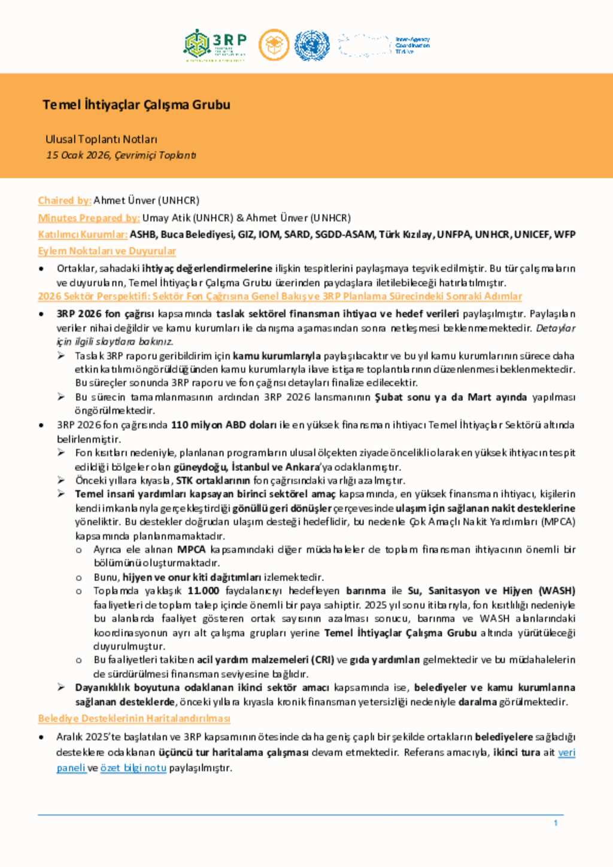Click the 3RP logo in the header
point(215,45)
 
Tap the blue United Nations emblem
point(311,45)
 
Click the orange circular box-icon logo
point(274,45)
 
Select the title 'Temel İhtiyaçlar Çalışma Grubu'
point(136,105)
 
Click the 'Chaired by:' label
point(65,200)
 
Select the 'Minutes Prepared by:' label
point(89,218)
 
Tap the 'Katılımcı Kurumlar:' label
point(83,235)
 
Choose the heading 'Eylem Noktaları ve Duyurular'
point(107,251)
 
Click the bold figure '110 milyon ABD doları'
point(223,425)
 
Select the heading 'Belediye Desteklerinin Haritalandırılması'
point(134,718)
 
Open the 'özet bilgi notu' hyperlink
point(133,768)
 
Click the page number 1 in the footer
point(556,823)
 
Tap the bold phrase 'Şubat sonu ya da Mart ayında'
point(451,397)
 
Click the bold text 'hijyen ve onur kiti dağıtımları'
point(192,577)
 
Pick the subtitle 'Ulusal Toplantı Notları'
point(101,139)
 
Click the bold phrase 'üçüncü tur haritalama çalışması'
point(233,752)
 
